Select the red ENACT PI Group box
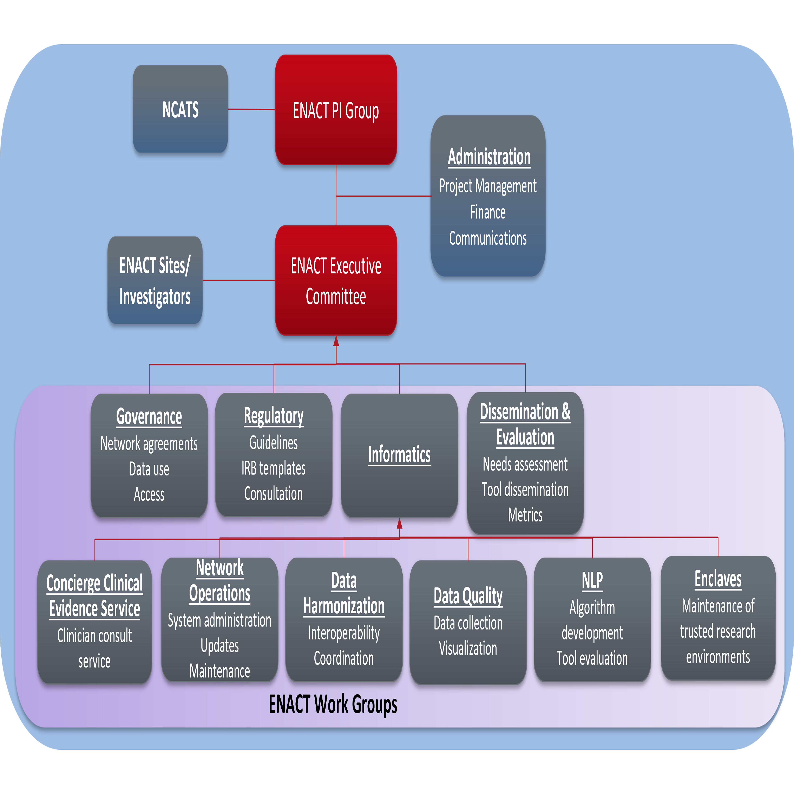tap(336, 110)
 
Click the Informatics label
tap(399, 454)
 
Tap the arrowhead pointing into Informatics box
tap(399, 523)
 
